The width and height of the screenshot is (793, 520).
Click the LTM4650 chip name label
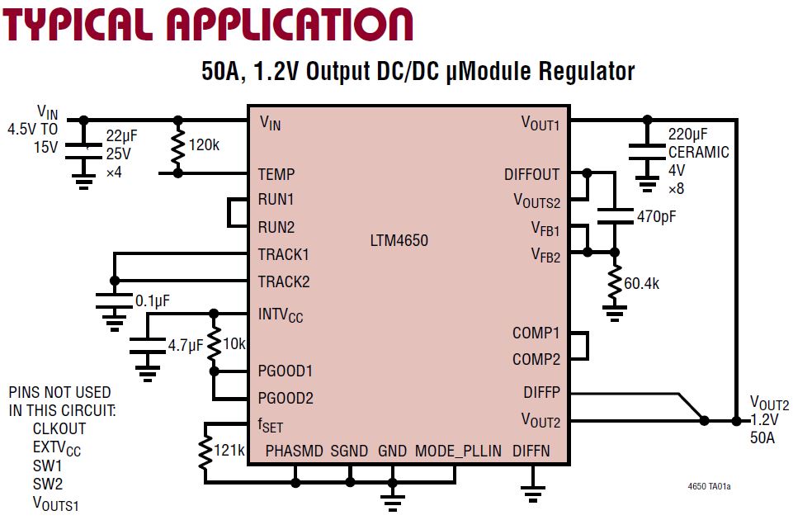[399, 241]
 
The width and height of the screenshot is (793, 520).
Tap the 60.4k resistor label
[641, 284]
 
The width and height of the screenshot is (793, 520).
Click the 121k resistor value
[229, 450]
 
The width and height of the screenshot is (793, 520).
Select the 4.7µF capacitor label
[186, 346]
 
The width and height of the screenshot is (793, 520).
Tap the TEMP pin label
[276, 174]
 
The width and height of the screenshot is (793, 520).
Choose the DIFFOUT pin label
[531, 174]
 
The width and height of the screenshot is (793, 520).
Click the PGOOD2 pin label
[286, 398]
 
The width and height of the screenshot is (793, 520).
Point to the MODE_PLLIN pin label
[458, 451]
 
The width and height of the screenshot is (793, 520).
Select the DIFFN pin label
[531, 451]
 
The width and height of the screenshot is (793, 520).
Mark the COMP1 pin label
[536, 333]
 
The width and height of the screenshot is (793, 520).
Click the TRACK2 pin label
[284, 281]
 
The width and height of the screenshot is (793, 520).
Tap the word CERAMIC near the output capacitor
[699, 152]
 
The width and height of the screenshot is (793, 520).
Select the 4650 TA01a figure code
[708, 486]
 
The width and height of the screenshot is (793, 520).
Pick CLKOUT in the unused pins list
[59, 428]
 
